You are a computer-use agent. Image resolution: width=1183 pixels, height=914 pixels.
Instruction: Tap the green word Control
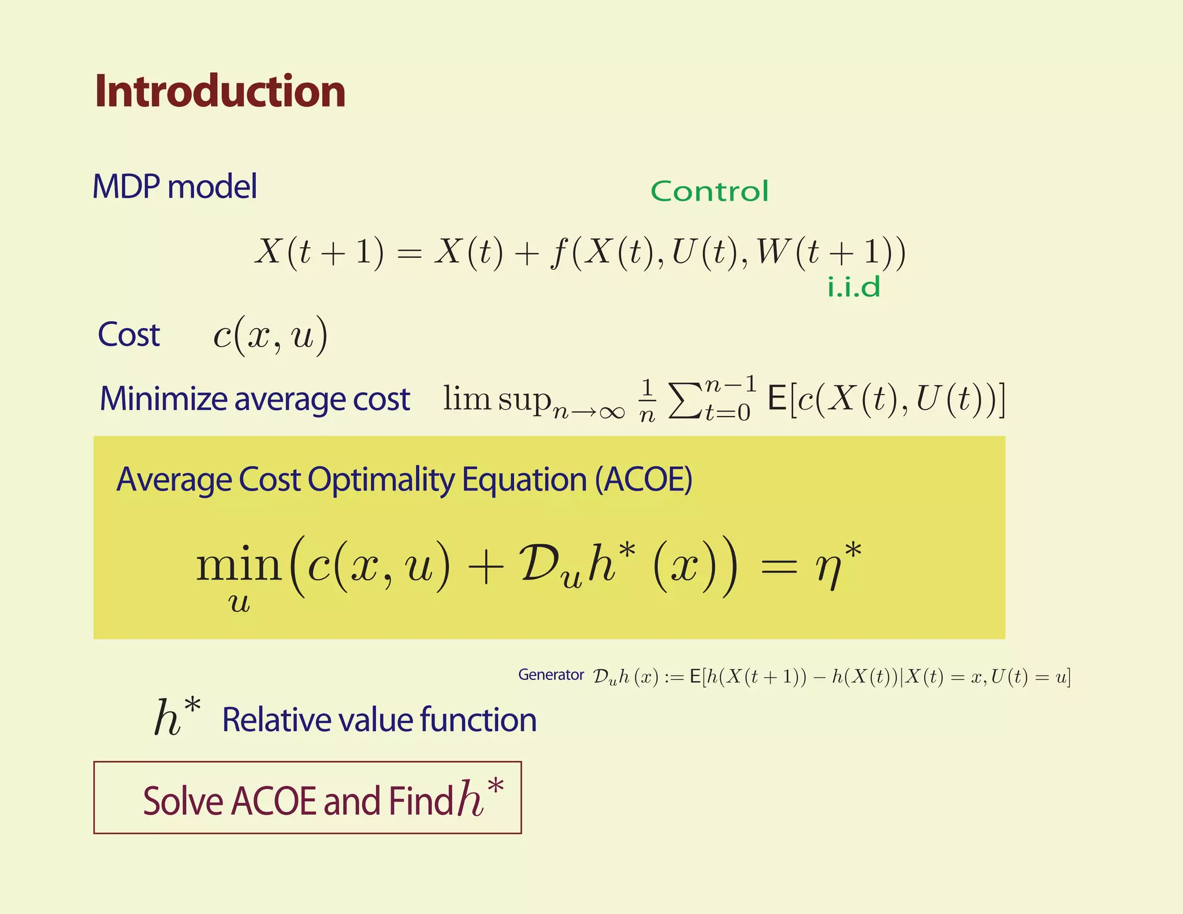point(709,191)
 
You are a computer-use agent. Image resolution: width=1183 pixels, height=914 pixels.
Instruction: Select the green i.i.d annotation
point(854,287)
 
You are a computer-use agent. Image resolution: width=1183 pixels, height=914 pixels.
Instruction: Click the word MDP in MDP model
point(126,187)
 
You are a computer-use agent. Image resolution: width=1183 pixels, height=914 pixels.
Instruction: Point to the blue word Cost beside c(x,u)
point(128,335)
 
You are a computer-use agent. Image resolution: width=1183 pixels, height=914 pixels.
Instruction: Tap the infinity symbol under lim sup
point(612,412)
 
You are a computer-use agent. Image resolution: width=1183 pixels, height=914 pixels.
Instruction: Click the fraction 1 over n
point(648,400)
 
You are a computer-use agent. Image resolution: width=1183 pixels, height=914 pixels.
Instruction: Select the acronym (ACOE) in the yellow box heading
point(643,480)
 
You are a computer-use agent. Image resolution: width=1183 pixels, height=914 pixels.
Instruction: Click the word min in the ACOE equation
point(239,564)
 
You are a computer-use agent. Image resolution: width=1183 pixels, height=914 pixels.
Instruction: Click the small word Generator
point(550,675)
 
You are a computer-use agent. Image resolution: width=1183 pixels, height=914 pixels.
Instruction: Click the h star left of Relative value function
point(177,717)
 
